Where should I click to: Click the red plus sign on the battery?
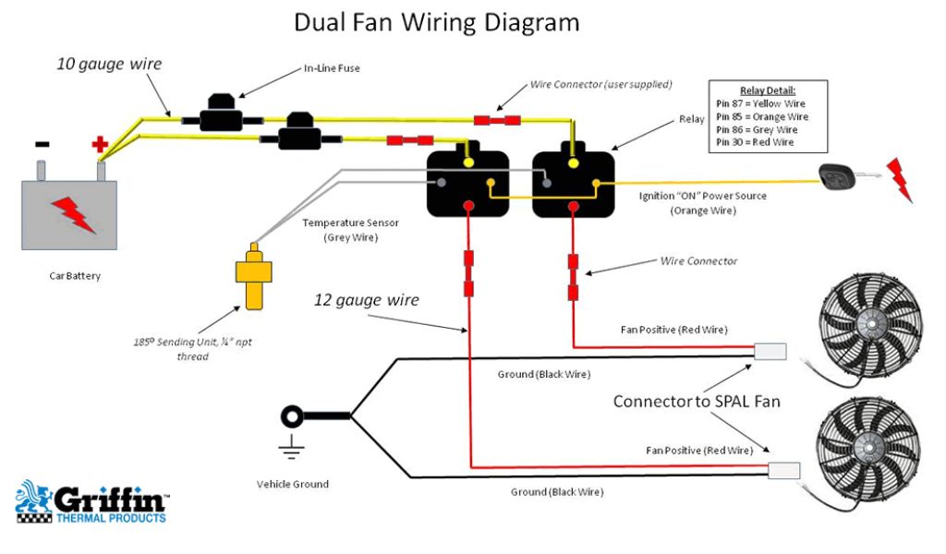100,145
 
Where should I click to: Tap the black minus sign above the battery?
42,144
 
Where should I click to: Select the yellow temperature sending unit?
253,275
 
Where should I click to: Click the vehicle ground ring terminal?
292,416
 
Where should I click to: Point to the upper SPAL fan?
870,323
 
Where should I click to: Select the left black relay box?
467,184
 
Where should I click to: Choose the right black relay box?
574,184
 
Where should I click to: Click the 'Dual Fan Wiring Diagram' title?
437,22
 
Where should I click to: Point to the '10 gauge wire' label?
109,65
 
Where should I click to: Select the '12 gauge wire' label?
367,300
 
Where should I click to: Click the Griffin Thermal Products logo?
91,502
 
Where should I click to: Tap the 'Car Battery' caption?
75,275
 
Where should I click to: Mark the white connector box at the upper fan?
770,351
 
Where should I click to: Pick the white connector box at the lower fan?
784,469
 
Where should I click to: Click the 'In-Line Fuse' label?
332,68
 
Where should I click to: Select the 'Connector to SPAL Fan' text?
697,402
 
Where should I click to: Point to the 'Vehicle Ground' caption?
293,484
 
